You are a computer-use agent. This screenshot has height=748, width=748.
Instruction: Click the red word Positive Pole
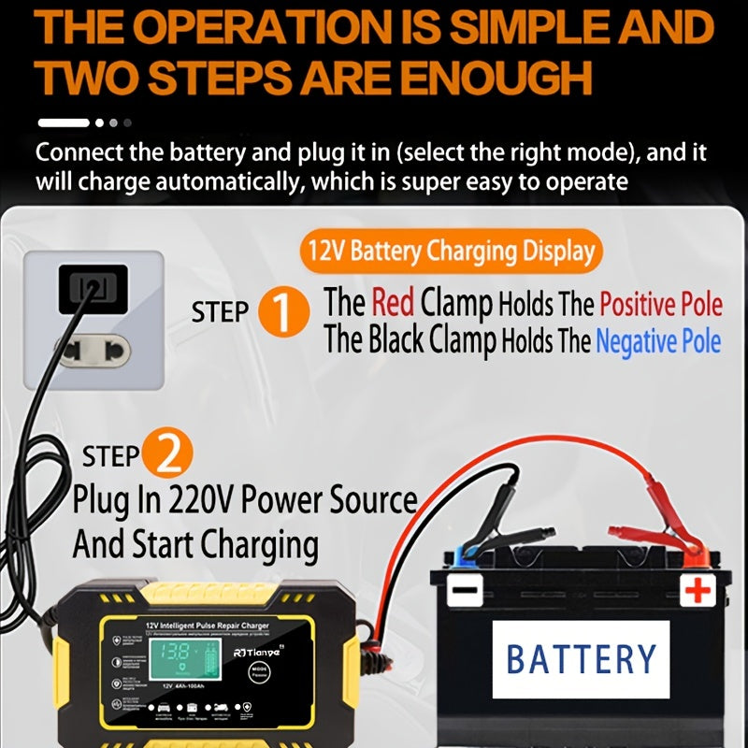pos(660,304)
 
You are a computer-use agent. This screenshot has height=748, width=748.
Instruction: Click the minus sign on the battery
pos(465,590)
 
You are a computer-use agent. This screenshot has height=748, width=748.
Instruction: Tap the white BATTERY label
pos(582,659)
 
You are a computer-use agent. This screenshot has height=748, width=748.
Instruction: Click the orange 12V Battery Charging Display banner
pos(452,251)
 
